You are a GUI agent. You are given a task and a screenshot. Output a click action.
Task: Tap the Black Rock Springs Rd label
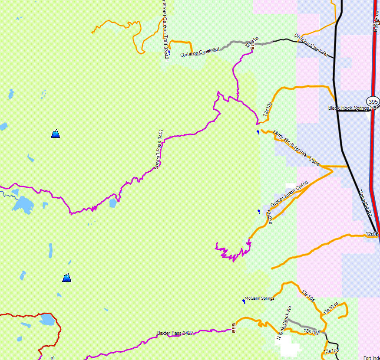(x=352, y=108)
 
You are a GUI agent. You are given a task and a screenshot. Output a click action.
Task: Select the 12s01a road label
(x=252, y=42)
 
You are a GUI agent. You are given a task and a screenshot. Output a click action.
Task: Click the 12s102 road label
(x=268, y=109)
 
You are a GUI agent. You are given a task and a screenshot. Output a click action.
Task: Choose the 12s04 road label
(x=314, y=161)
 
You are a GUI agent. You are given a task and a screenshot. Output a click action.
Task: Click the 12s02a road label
(x=269, y=216)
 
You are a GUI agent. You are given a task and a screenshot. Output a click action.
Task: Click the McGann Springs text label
(x=259, y=298)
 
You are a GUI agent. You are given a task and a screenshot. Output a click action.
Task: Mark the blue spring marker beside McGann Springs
(x=244, y=301)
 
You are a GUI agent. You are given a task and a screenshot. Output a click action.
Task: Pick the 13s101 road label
(x=311, y=332)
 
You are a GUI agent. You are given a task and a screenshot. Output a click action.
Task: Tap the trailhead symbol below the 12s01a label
(x=252, y=49)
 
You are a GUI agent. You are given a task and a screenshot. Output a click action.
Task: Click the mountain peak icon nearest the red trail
(x=66, y=278)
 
